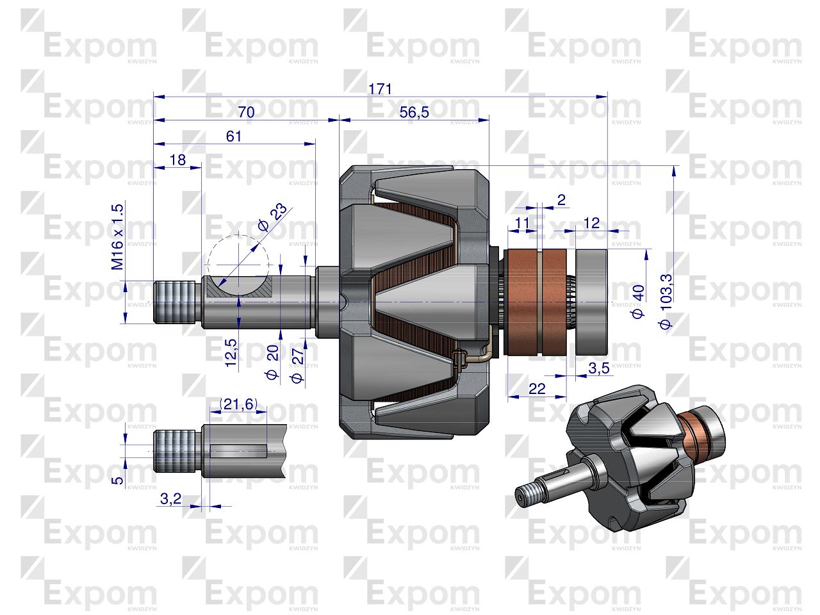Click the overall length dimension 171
click(380, 88)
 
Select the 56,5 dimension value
click(414, 112)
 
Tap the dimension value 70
click(246, 112)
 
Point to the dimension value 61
click(234, 136)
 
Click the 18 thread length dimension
click(178, 160)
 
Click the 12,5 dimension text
click(231, 352)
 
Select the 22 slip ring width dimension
click(537, 388)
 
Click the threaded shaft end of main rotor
click(174, 302)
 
